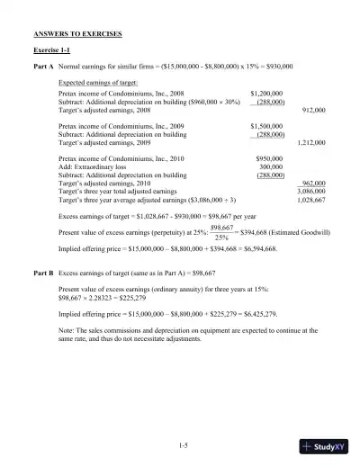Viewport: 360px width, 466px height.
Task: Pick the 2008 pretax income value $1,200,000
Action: click(x=266, y=92)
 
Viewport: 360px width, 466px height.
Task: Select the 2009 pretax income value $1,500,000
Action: click(x=266, y=127)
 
